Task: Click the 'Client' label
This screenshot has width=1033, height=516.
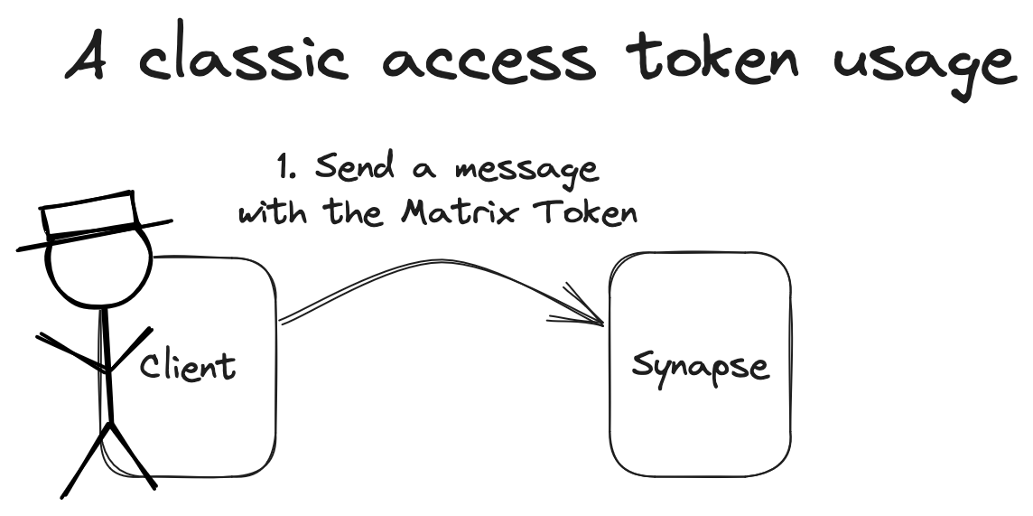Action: pyautogui.click(x=188, y=366)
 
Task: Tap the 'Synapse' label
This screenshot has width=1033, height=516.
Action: pyautogui.click(x=701, y=368)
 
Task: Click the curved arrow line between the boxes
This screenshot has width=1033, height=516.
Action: pyautogui.click(x=424, y=268)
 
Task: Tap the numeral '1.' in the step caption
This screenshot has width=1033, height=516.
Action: pyautogui.click(x=287, y=168)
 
